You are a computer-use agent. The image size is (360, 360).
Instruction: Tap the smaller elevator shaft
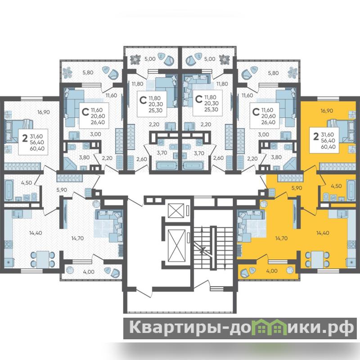(x=176, y=210)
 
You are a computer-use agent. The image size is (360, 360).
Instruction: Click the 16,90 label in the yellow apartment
(x=327, y=111)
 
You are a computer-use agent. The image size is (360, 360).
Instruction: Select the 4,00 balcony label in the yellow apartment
(x=272, y=271)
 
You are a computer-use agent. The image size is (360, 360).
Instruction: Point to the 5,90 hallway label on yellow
(x=297, y=188)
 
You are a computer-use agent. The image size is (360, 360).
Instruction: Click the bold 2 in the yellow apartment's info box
(x=316, y=137)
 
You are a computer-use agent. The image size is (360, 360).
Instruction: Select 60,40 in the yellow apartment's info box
(x=328, y=147)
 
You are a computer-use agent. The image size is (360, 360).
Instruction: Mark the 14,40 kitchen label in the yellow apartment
(x=323, y=233)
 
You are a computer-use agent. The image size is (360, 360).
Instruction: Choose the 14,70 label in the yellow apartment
(x=281, y=238)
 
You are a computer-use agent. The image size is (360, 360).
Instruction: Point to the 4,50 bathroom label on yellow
(x=336, y=186)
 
